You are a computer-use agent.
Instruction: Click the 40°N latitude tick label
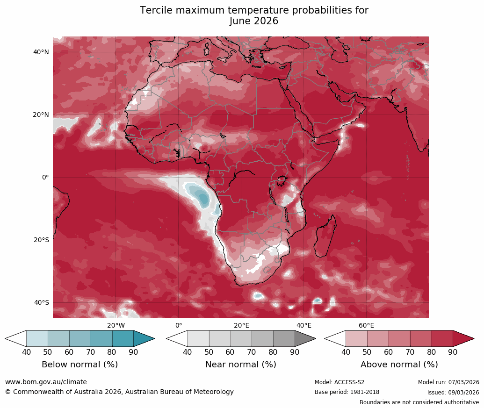(41, 52)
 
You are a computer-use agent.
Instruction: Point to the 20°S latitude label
(41, 240)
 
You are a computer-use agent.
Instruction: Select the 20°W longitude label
(116, 325)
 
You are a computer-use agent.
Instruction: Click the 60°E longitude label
(366, 325)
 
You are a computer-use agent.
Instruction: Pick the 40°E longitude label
(304, 325)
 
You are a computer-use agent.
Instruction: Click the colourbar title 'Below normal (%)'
(79, 365)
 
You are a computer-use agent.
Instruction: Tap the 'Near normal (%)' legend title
(241, 365)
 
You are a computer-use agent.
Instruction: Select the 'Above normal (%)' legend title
(399, 365)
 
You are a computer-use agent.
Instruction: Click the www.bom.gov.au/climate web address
(46, 382)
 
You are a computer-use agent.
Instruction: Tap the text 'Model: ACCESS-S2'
(340, 382)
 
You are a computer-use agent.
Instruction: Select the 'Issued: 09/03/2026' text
(453, 392)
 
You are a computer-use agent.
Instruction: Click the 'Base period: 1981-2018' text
(347, 392)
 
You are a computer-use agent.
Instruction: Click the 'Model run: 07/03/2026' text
(448, 382)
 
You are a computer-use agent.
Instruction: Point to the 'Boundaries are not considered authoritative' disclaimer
(419, 402)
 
